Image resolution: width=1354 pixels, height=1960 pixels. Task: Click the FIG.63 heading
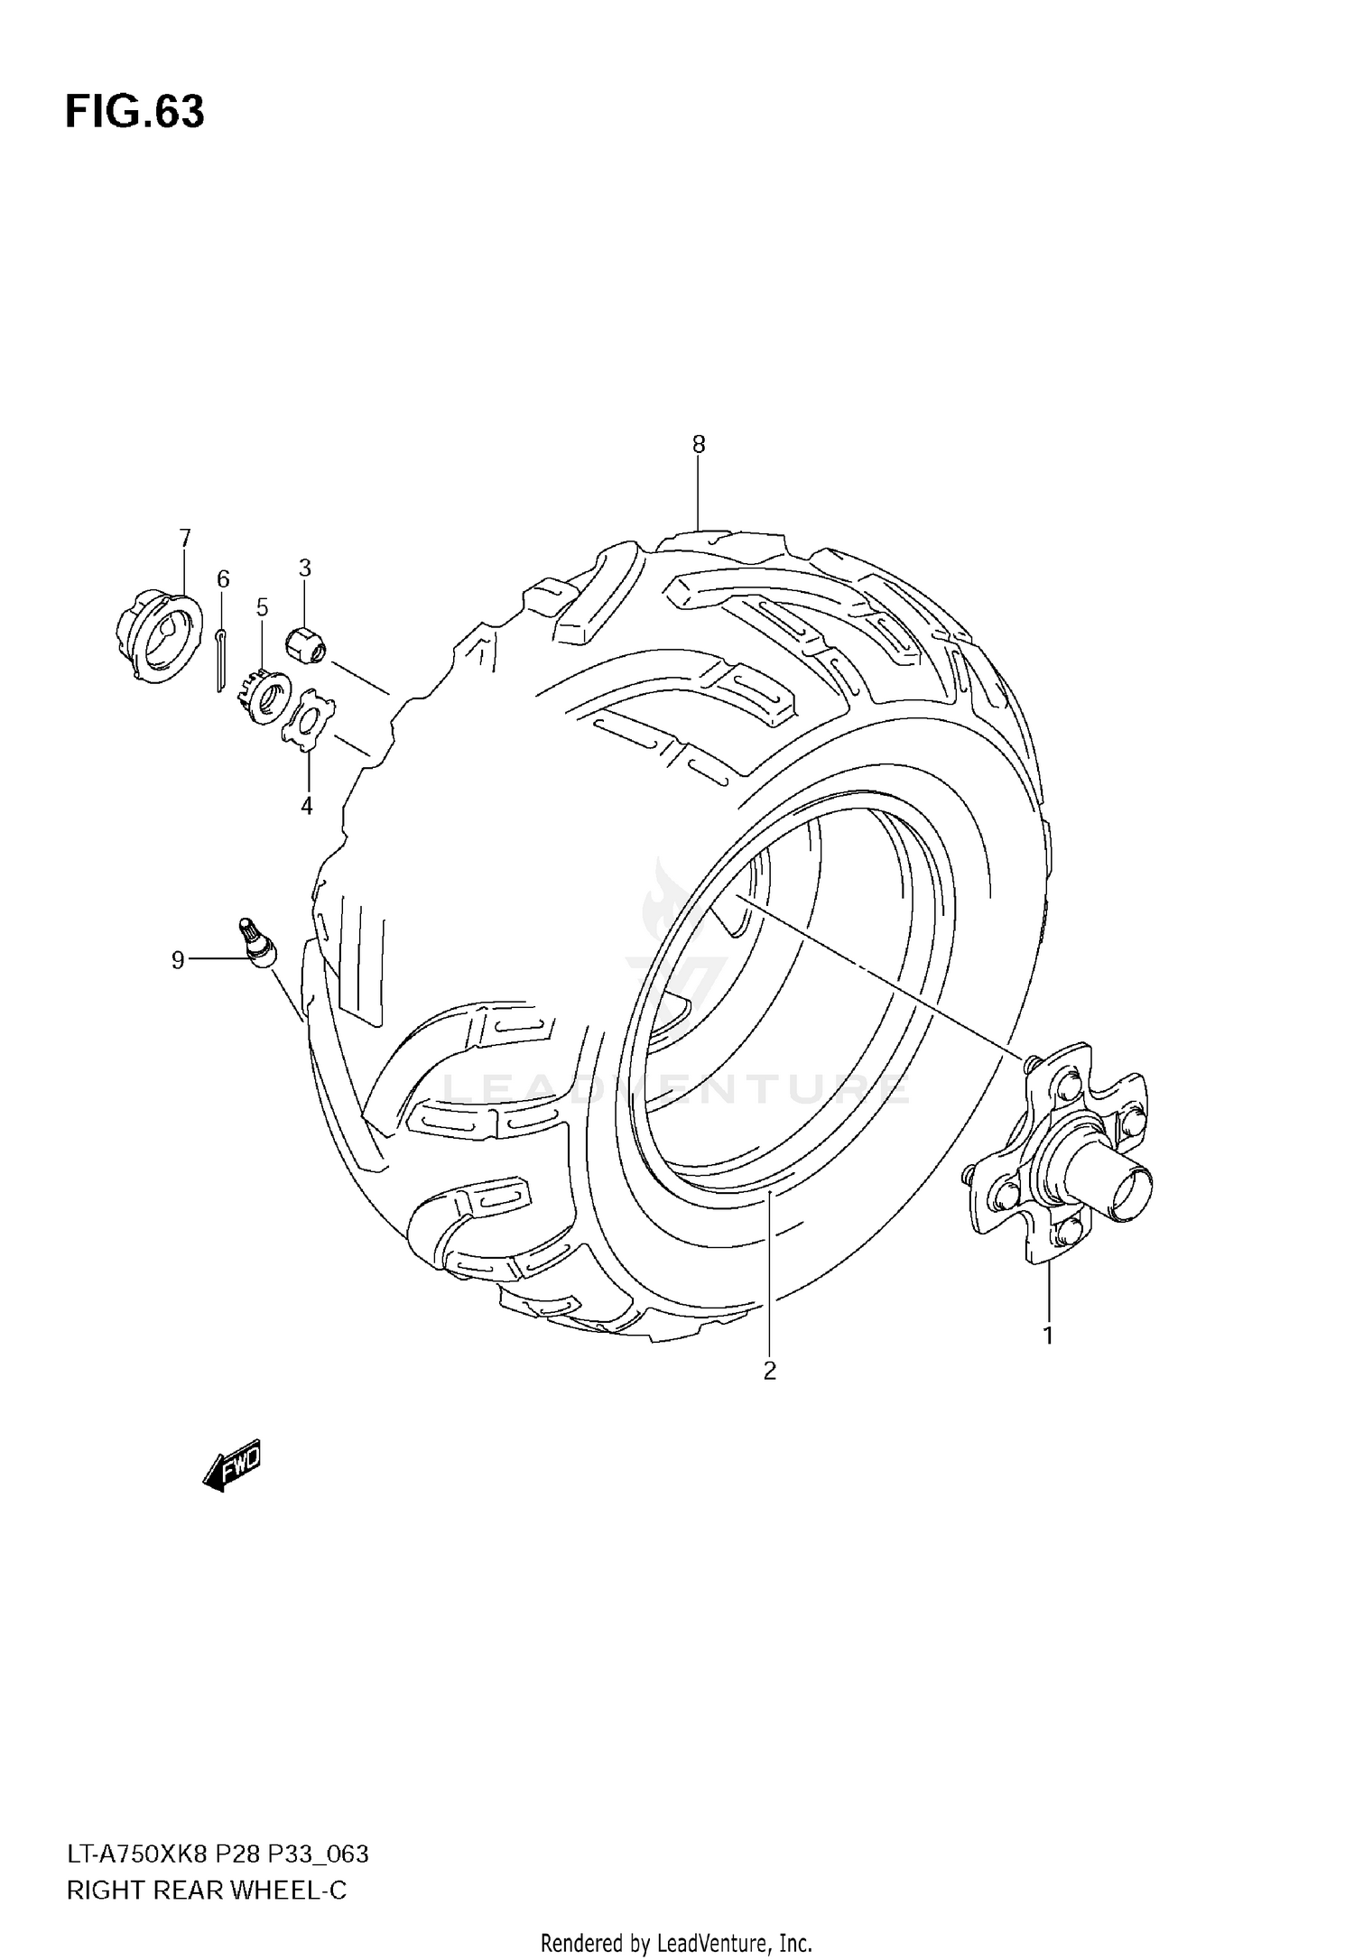(134, 113)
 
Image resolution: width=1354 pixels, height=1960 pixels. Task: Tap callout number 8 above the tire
(699, 444)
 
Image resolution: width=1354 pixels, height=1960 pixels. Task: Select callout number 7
(185, 539)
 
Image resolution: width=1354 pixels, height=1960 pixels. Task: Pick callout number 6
(223, 578)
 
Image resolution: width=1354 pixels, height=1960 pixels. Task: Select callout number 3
(305, 568)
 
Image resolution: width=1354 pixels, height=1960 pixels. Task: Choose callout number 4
(307, 806)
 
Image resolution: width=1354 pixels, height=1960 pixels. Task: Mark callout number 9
(178, 961)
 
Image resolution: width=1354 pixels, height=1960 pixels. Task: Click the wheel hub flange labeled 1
(1063, 1155)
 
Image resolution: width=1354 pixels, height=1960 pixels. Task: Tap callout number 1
(1048, 1336)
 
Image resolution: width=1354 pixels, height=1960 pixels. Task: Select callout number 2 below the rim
(769, 1372)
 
